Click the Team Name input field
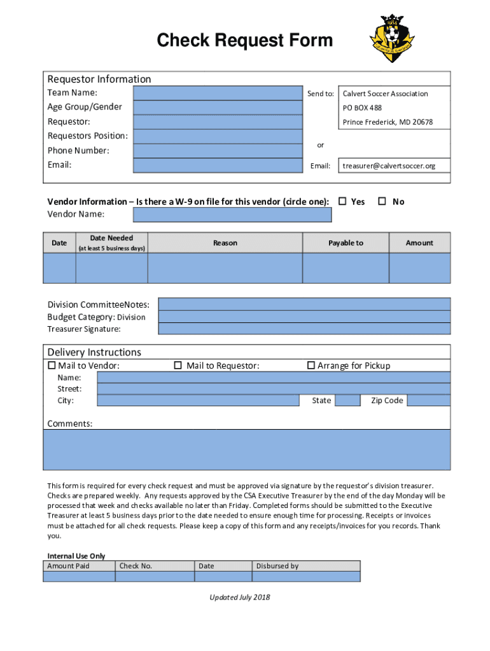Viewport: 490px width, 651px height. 217,93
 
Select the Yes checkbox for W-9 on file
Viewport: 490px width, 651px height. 342,202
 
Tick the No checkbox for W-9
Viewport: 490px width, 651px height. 382,202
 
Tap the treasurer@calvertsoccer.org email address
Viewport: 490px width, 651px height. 389,166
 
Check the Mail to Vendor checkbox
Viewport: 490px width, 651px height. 52,366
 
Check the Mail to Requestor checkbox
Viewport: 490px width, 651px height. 178,366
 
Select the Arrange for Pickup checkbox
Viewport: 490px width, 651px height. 311,366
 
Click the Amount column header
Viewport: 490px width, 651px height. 419,243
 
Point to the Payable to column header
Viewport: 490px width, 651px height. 346,243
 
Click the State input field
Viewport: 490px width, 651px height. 347,401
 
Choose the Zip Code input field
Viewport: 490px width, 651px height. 428,401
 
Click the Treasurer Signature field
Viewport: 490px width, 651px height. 304,329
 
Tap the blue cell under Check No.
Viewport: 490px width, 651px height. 154,577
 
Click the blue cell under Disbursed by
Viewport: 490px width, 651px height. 306,577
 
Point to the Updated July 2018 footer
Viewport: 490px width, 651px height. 240,597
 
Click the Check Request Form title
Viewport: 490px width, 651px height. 245,41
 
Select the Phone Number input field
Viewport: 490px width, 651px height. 217,151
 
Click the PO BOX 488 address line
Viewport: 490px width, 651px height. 362,108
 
